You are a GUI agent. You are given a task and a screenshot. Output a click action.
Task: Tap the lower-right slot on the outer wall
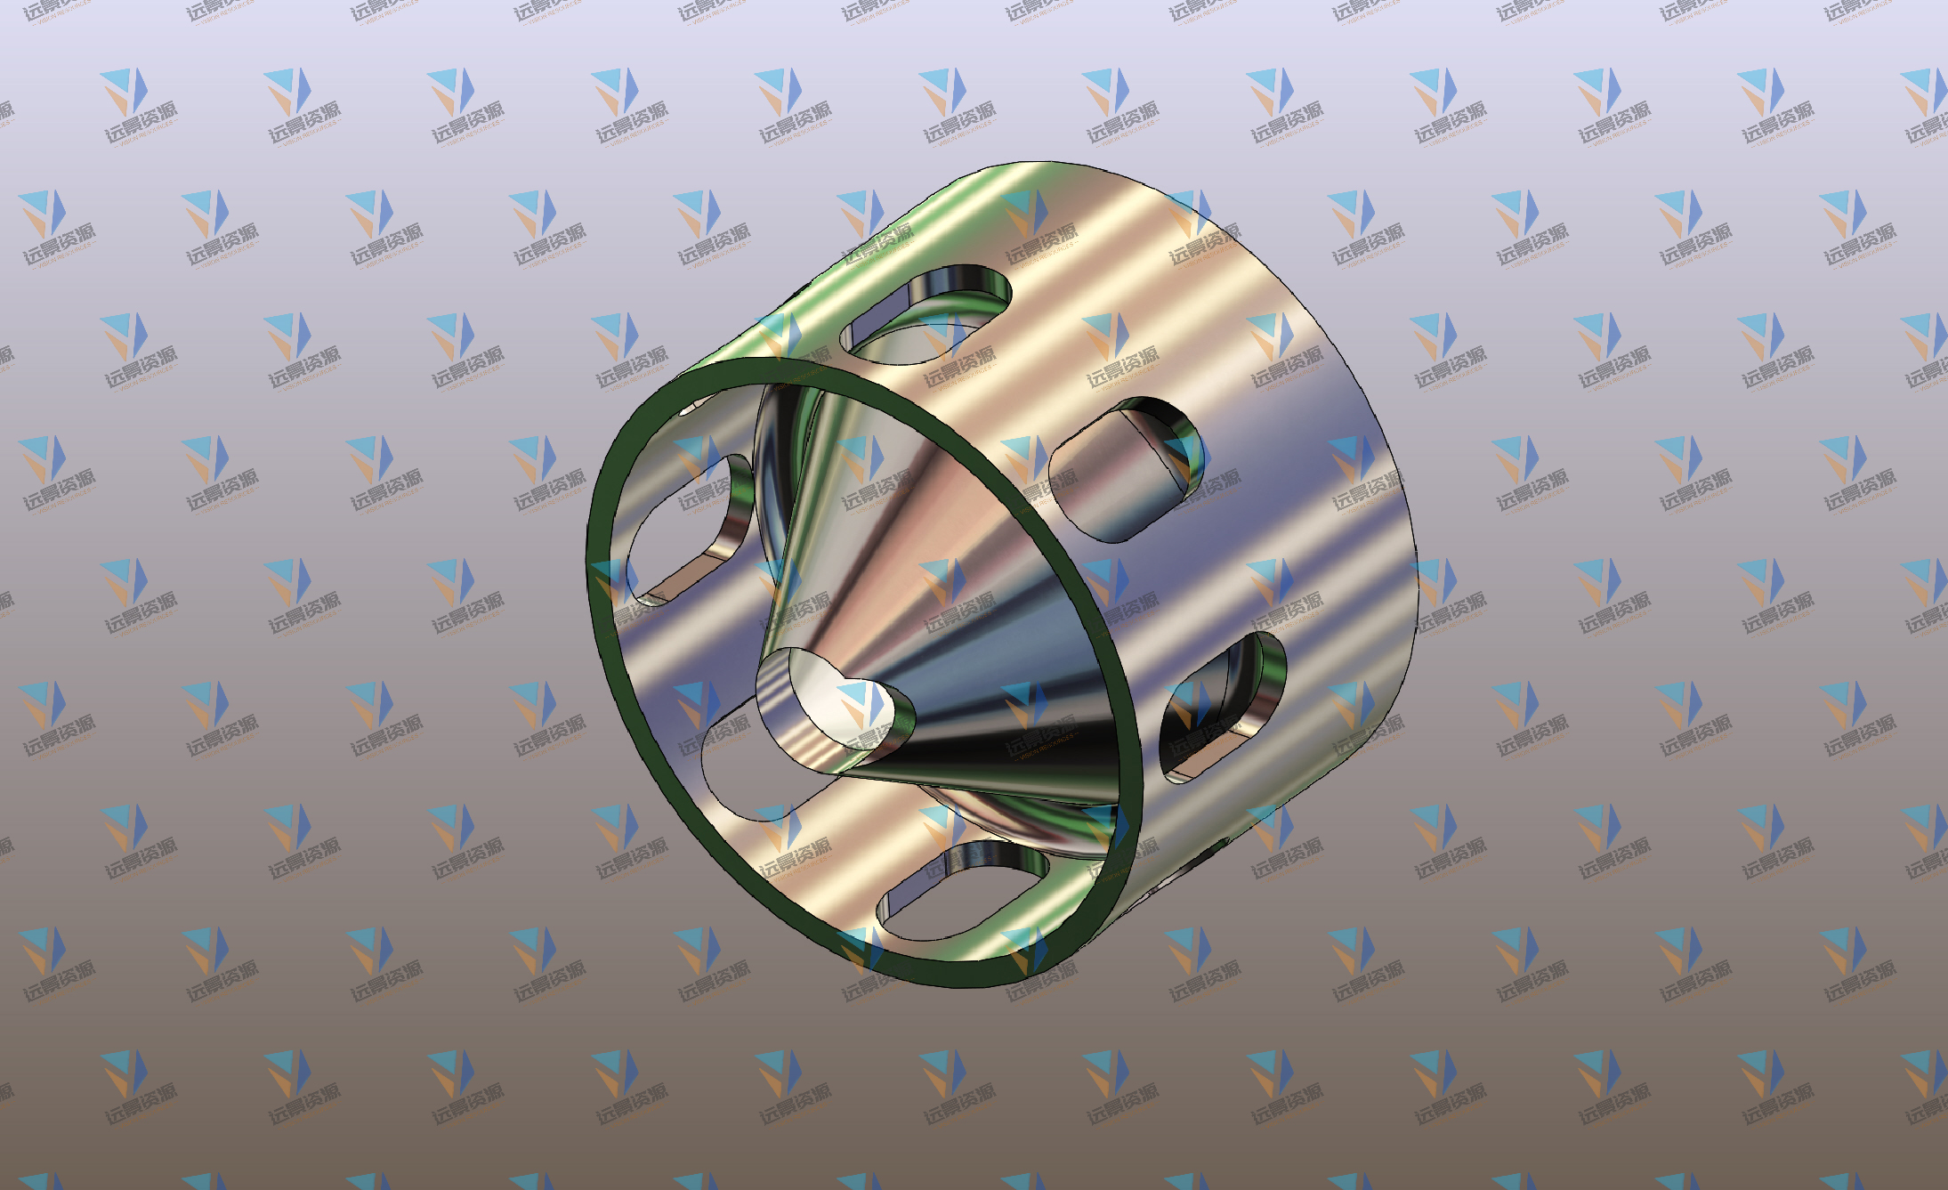(x=1221, y=708)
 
